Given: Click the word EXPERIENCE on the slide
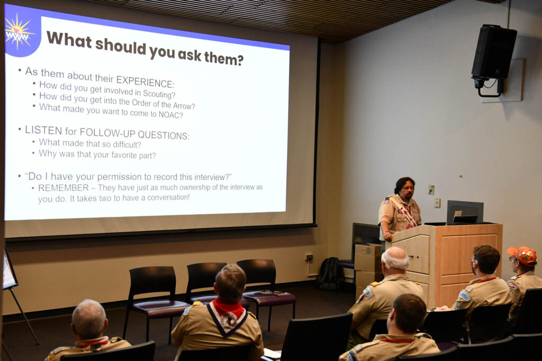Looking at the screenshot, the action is click(x=145, y=82).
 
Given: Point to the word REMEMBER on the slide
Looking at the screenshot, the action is click(x=64, y=188).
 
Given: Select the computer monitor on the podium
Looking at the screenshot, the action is click(x=465, y=212).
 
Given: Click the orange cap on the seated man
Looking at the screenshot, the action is click(x=523, y=255).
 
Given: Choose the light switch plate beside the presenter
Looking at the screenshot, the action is click(x=431, y=189).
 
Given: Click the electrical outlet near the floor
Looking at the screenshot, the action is click(x=309, y=257).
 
